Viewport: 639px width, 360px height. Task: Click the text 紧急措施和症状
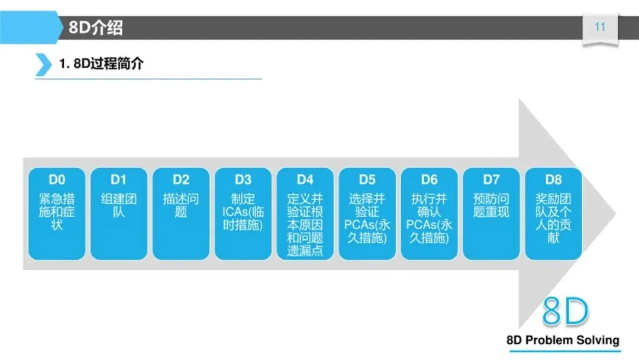pos(57,211)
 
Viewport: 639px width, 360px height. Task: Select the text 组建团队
pos(119,205)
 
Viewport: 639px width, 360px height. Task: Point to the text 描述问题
pos(181,205)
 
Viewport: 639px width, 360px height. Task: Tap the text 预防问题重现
pos(491,205)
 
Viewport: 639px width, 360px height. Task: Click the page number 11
pos(600,27)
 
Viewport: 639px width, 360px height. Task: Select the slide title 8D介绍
pos(96,27)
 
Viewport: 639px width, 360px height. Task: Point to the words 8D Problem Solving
pos(563,340)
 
